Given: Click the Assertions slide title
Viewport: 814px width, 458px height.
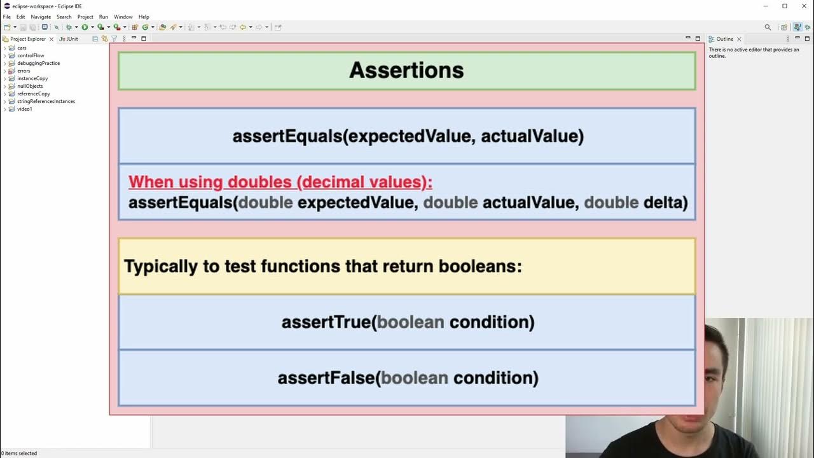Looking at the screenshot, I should coord(406,70).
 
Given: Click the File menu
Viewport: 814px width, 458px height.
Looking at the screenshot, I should coord(7,17).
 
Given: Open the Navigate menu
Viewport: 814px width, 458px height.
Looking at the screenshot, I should coord(41,17).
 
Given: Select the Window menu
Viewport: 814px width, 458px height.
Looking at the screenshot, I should coord(123,17).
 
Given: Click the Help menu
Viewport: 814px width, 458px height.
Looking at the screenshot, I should coord(144,17).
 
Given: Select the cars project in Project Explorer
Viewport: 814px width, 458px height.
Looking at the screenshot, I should coord(22,48).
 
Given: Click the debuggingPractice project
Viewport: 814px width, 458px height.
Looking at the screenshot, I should coord(38,63).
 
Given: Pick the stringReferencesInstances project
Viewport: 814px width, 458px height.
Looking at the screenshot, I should coord(46,101).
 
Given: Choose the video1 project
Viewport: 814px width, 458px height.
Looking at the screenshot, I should coord(24,109).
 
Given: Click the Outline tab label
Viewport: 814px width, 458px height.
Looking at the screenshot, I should coord(724,39).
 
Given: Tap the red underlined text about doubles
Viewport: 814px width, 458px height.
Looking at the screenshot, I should coord(280,183).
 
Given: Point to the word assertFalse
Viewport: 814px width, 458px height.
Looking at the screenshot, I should coord(326,378).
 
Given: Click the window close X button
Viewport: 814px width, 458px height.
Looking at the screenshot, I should coord(803,6).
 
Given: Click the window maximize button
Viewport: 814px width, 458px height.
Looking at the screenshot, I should coord(784,6).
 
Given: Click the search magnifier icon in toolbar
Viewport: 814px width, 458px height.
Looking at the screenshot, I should coord(768,27).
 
